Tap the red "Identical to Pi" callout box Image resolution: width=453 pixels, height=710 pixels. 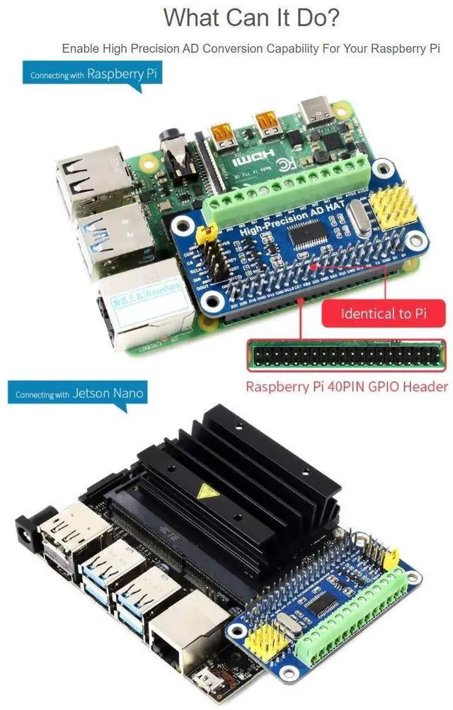tap(384, 312)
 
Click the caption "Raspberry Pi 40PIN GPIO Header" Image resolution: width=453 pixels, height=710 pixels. tap(346, 387)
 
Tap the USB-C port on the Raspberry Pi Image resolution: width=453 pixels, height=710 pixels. tap(314, 110)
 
